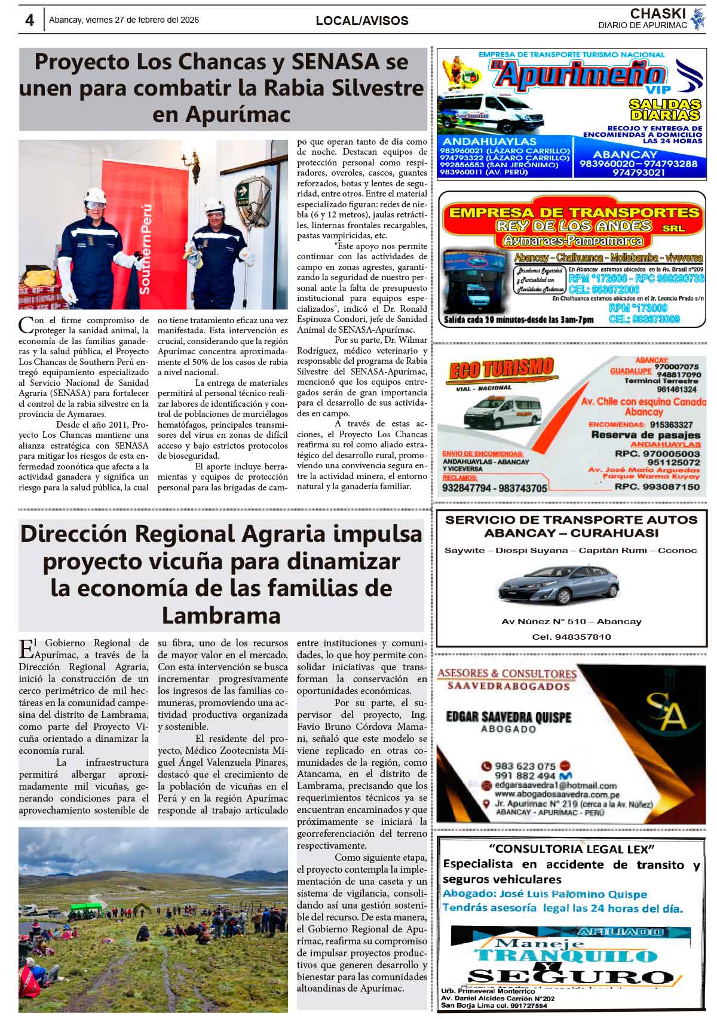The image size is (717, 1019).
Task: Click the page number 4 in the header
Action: (29, 20)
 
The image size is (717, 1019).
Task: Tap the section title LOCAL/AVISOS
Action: (362, 21)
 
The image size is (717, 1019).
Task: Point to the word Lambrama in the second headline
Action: (221, 615)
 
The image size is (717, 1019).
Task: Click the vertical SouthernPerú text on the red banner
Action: (145, 248)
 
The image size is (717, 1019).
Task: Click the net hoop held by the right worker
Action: (252, 194)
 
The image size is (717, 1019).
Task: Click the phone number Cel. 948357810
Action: (571, 637)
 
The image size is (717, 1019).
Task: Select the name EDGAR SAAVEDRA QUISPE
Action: (508, 717)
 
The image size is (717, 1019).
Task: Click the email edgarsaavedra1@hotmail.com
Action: (556, 785)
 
